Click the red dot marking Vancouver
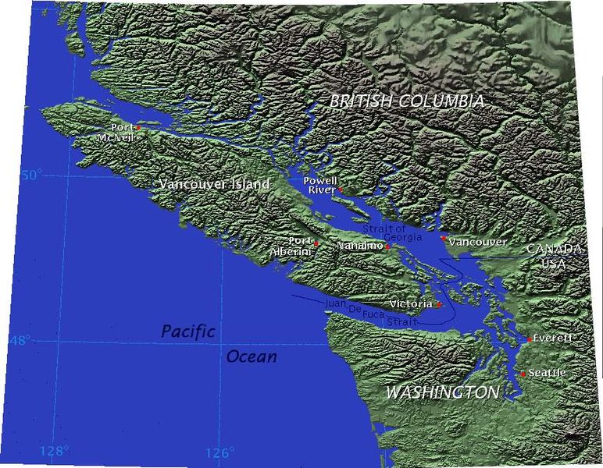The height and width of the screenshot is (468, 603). pyautogui.click(x=443, y=238)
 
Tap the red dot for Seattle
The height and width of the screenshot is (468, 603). pyautogui.click(x=523, y=374)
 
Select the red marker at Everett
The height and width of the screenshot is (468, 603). pyautogui.click(x=530, y=339)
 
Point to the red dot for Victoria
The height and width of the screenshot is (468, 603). pyautogui.click(x=438, y=304)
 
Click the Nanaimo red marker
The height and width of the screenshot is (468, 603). pyautogui.click(x=387, y=246)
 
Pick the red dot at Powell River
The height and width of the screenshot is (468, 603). pyautogui.click(x=341, y=190)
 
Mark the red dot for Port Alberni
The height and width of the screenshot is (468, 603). pyautogui.click(x=316, y=243)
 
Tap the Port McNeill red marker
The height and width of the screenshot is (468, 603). pyautogui.click(x=138, y=127)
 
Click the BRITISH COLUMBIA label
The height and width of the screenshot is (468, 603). pyautogui.click(x=406, y=101)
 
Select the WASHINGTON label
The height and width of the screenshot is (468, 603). pyautogui.click(x=442, y=392)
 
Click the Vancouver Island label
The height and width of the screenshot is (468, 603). pyautogui.click(x=213, y=185)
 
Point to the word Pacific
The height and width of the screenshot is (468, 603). pyautogui.click(x=188, y=331)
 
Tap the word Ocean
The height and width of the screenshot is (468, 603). pyautogui.click(x=252, y=357)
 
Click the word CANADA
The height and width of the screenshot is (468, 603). pyautogui.click(x=554, y=249)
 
